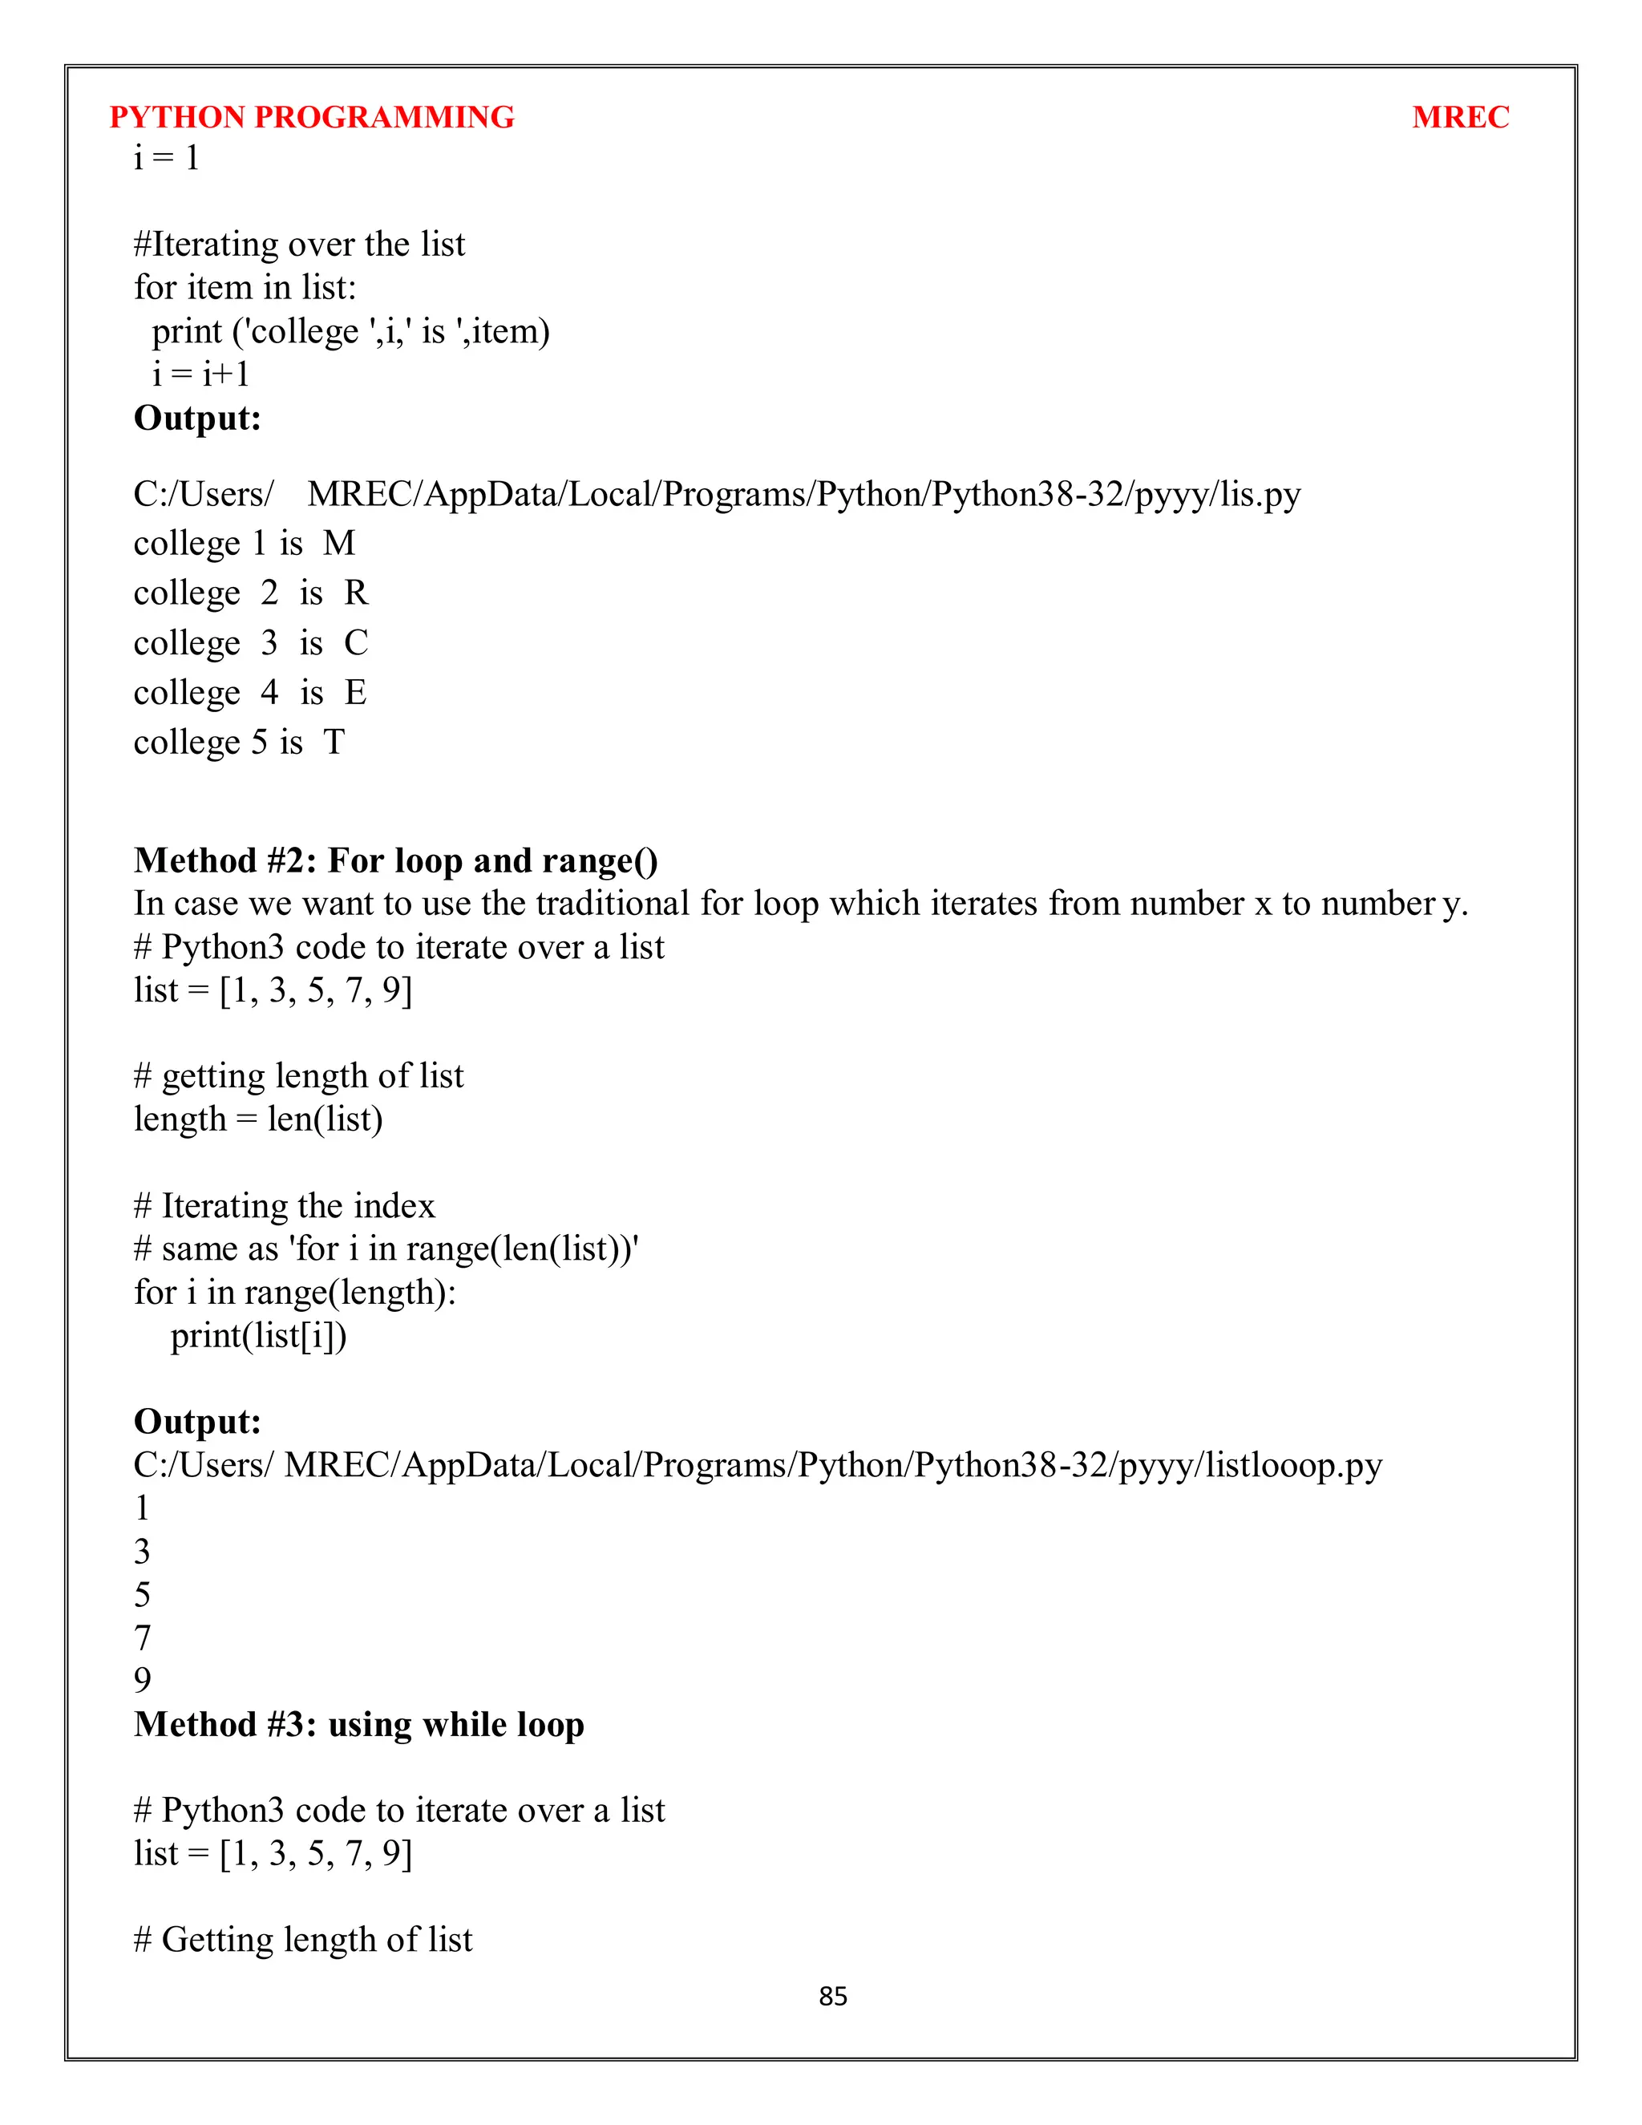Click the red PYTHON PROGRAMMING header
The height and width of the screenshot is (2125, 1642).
[311, 117]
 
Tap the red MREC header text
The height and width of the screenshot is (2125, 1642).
[1459, 117]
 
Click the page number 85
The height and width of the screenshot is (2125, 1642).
[833, 1997]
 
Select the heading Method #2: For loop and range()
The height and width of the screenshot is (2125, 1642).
[396, 861]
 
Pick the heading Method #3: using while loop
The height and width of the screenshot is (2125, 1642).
[359, 1724]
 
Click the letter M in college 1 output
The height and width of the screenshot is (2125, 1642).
[338, 543]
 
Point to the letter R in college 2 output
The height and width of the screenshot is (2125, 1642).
[356, 593]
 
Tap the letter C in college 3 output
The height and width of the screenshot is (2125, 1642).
[356, 642]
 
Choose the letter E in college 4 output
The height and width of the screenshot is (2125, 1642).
[355, 693]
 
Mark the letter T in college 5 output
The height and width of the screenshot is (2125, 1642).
[334, 743]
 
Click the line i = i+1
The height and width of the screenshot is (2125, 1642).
[200, 374]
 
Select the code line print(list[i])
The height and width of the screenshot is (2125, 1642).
[258, 1336]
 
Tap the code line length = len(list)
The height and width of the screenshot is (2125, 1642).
[258, 1119]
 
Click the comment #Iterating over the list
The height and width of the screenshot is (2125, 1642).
[298, 245]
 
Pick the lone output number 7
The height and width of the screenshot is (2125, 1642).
[142, 1637]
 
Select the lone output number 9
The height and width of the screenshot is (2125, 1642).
[142, 1680]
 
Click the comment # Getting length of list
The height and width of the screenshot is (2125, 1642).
[302, 1939]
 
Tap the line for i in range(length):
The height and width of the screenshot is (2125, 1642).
[295, 1292]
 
